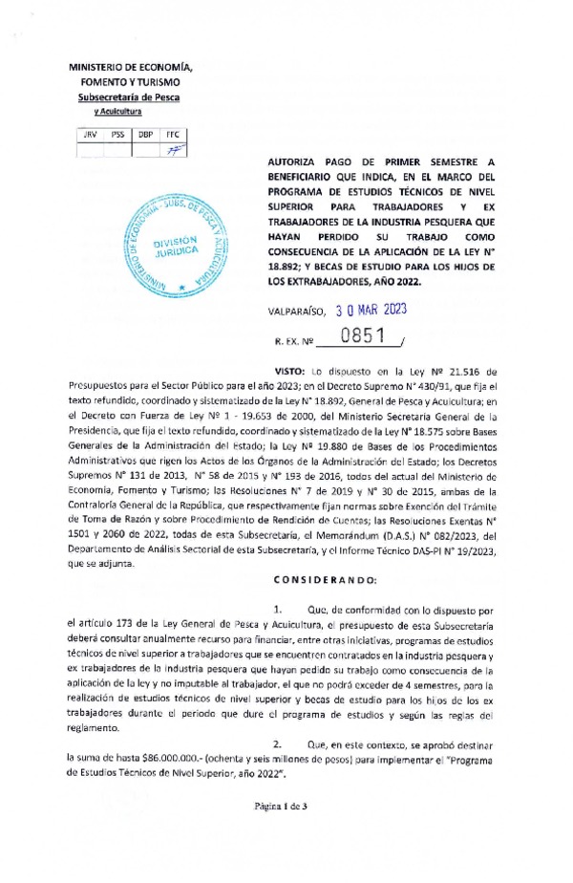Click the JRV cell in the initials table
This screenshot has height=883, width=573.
point(91,135)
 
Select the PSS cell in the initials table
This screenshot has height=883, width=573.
point(118,135)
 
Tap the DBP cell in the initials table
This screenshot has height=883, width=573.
point(145,135)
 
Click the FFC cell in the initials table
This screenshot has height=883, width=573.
point(173,135)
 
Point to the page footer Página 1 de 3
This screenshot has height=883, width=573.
point(286,832)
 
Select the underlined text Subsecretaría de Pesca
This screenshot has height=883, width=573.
point(128,97)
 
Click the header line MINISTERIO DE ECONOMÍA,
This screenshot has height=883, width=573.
point(131,68)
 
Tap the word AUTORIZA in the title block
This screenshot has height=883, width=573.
point(292,163)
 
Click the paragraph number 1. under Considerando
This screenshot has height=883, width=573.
point(277,608)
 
